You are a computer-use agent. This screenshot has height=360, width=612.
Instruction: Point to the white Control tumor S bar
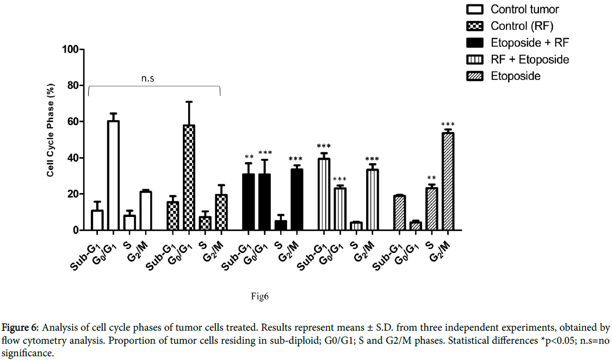[129, 223]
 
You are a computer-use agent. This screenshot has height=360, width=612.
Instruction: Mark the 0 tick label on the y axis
[76, 231]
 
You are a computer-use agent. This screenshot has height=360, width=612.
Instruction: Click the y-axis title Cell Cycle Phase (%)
[50, 140]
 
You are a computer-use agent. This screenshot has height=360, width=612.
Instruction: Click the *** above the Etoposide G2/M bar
[448, 125]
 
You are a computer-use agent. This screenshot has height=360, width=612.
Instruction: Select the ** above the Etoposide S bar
[431, 178]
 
